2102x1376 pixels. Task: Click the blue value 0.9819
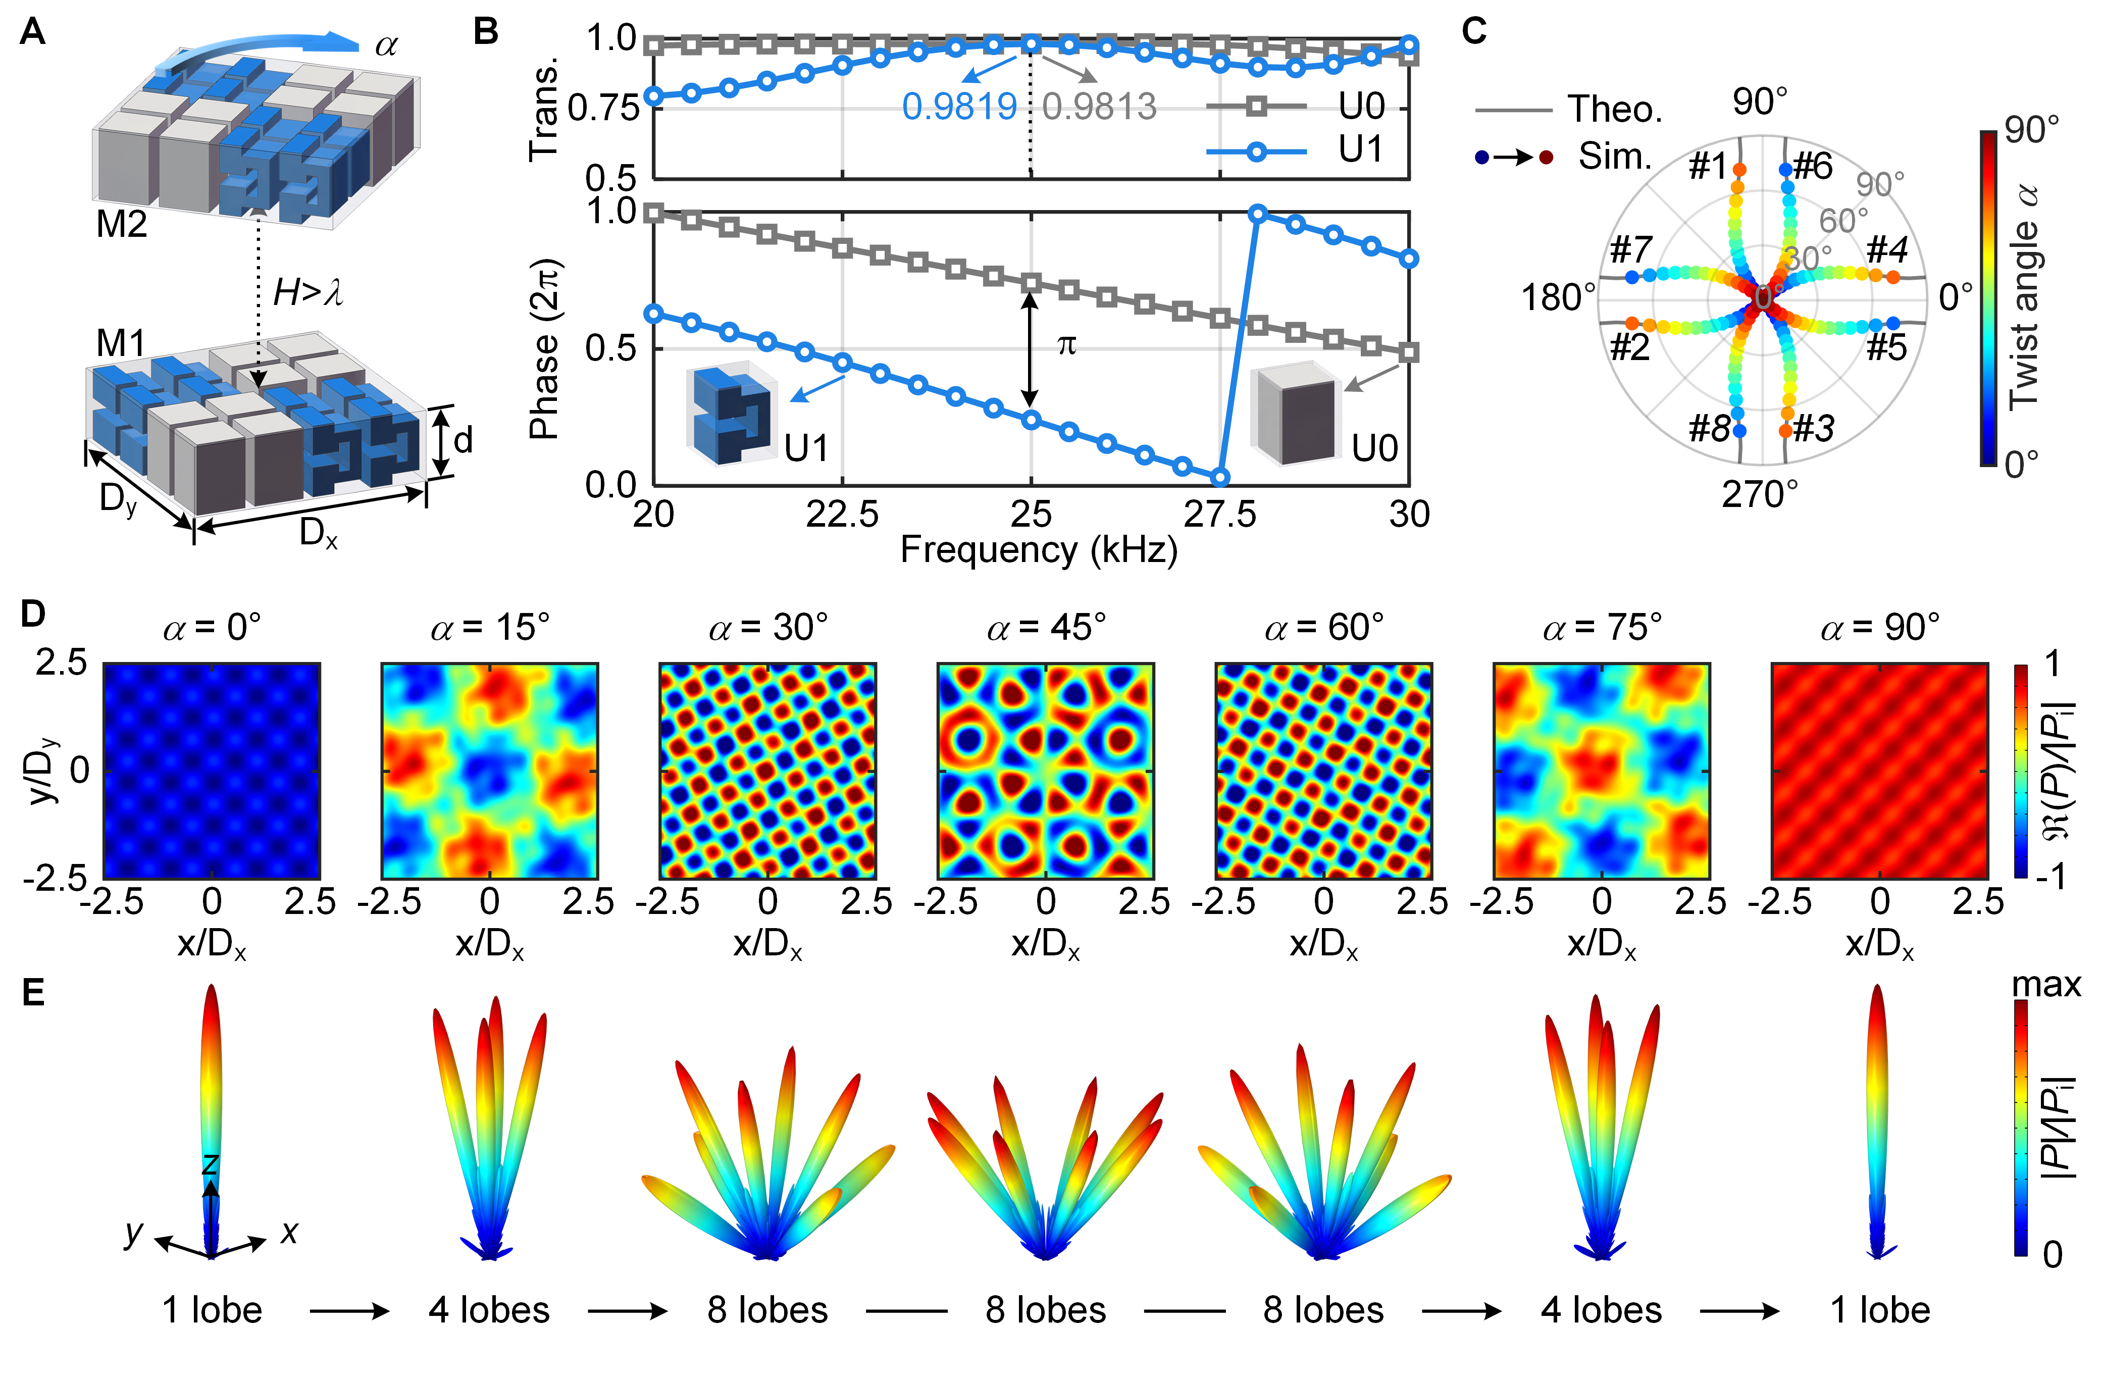(959, 107)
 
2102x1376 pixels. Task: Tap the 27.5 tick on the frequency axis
(1220, 514)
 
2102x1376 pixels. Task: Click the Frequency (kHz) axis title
(1039, 550)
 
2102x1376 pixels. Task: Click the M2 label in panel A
(121, 224)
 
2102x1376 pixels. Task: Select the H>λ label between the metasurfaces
(307, 291)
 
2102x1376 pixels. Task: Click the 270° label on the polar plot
(1759, 494)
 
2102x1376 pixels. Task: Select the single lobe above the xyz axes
(210, 1086)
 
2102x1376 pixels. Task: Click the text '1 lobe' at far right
(1879, 1310)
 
